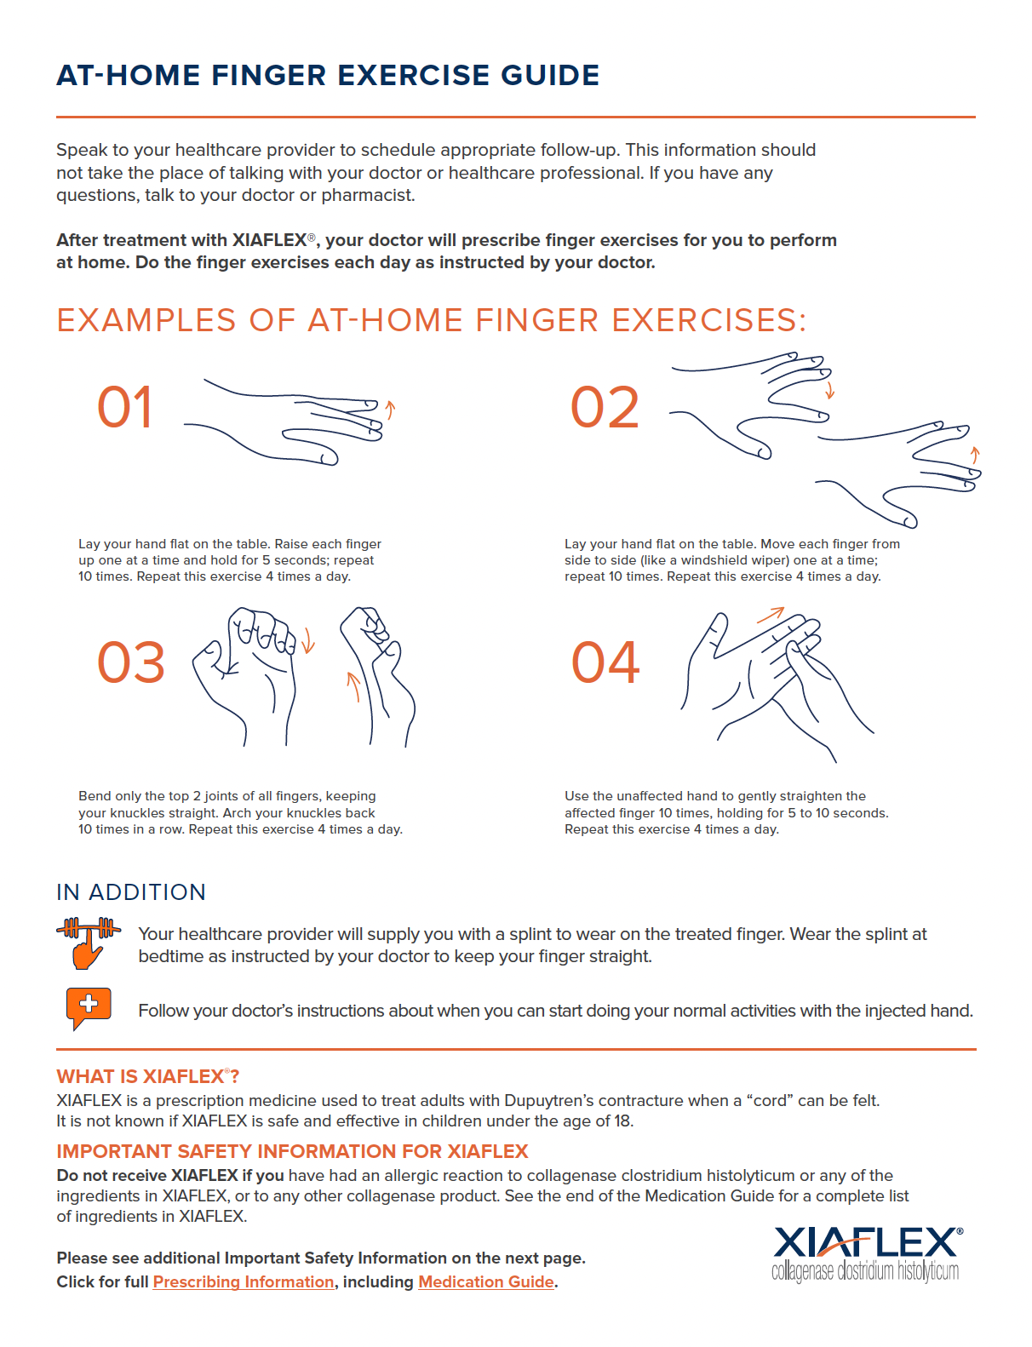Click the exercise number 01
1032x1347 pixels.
coord(124,407)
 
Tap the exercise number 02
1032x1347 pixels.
coord(605,407)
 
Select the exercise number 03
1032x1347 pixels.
coord(131,662)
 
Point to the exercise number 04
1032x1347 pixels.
coord(605,662)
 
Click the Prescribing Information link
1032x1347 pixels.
coord(243,1281)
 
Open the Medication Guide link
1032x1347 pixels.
coord(486,1281)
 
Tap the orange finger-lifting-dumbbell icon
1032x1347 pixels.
coord(88,943)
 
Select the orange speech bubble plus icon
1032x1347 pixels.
coord(88,1008)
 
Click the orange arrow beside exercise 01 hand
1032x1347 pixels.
coord(391,409)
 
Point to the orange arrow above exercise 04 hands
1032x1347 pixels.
coord(771,614)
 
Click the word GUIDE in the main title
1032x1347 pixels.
coord(550,75)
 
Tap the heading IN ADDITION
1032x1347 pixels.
coord(131,892)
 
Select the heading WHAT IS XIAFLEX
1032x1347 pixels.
coord(147,1076)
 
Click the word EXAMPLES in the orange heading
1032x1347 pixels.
coord(146,320)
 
